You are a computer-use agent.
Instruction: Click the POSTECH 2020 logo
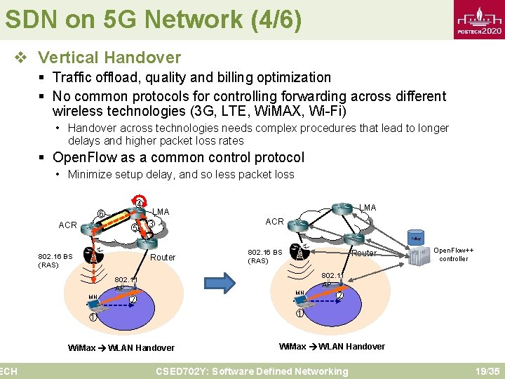tap(479, 21)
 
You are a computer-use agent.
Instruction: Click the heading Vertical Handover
tap(109, 58)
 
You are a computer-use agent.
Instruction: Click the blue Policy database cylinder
tap(416, 238)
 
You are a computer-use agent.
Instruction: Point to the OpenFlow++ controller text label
tap(454, 254)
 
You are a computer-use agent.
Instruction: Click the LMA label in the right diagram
tap(368, 207)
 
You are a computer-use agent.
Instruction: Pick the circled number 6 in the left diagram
tap(101, 214)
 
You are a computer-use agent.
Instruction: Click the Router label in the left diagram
tap(163, 257)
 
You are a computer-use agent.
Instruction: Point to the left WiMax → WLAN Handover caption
tap(121, 347)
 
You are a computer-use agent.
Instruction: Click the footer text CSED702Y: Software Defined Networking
tap(252, 371)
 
